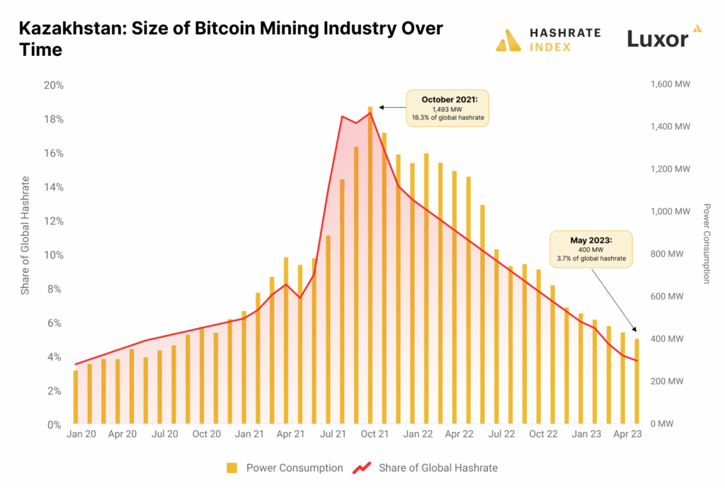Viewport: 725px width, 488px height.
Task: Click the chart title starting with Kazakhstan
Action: pyautogui.click(x=230, y=39)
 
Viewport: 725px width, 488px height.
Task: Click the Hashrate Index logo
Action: pyautogui.click(x=548, y=40)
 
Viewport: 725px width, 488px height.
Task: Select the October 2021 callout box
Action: pyautogui.click(x=447, y=108)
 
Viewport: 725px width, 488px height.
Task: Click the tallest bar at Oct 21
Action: pyautogui.click(x=370, y=266)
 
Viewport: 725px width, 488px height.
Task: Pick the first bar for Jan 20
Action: pyautogui.click(x=76, y=397)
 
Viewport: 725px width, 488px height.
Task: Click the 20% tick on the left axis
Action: pyautogui.click(x=54, y=85)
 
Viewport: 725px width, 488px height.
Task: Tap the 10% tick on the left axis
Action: pyautogui.click(x=54, y=255)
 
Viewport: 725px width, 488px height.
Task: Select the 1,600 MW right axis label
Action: pyautogui.click(x=669, y=84)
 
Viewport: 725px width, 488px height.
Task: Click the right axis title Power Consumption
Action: pyautogui.click(x=706, y=244)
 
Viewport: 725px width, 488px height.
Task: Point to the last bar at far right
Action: pyautogui.click(x=637, y=382)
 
